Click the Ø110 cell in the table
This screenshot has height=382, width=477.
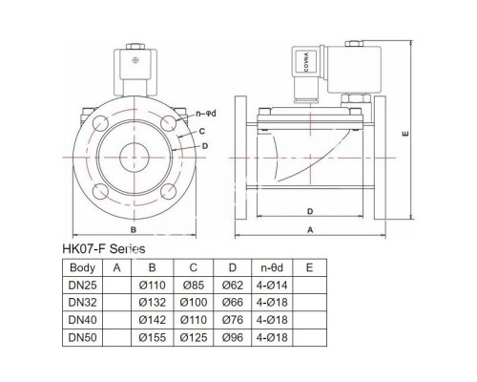point(153,287)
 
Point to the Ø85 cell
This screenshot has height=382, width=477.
point(195,287)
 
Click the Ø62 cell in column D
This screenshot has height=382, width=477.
point(233,287)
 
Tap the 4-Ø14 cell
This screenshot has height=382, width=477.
point(272,287)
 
